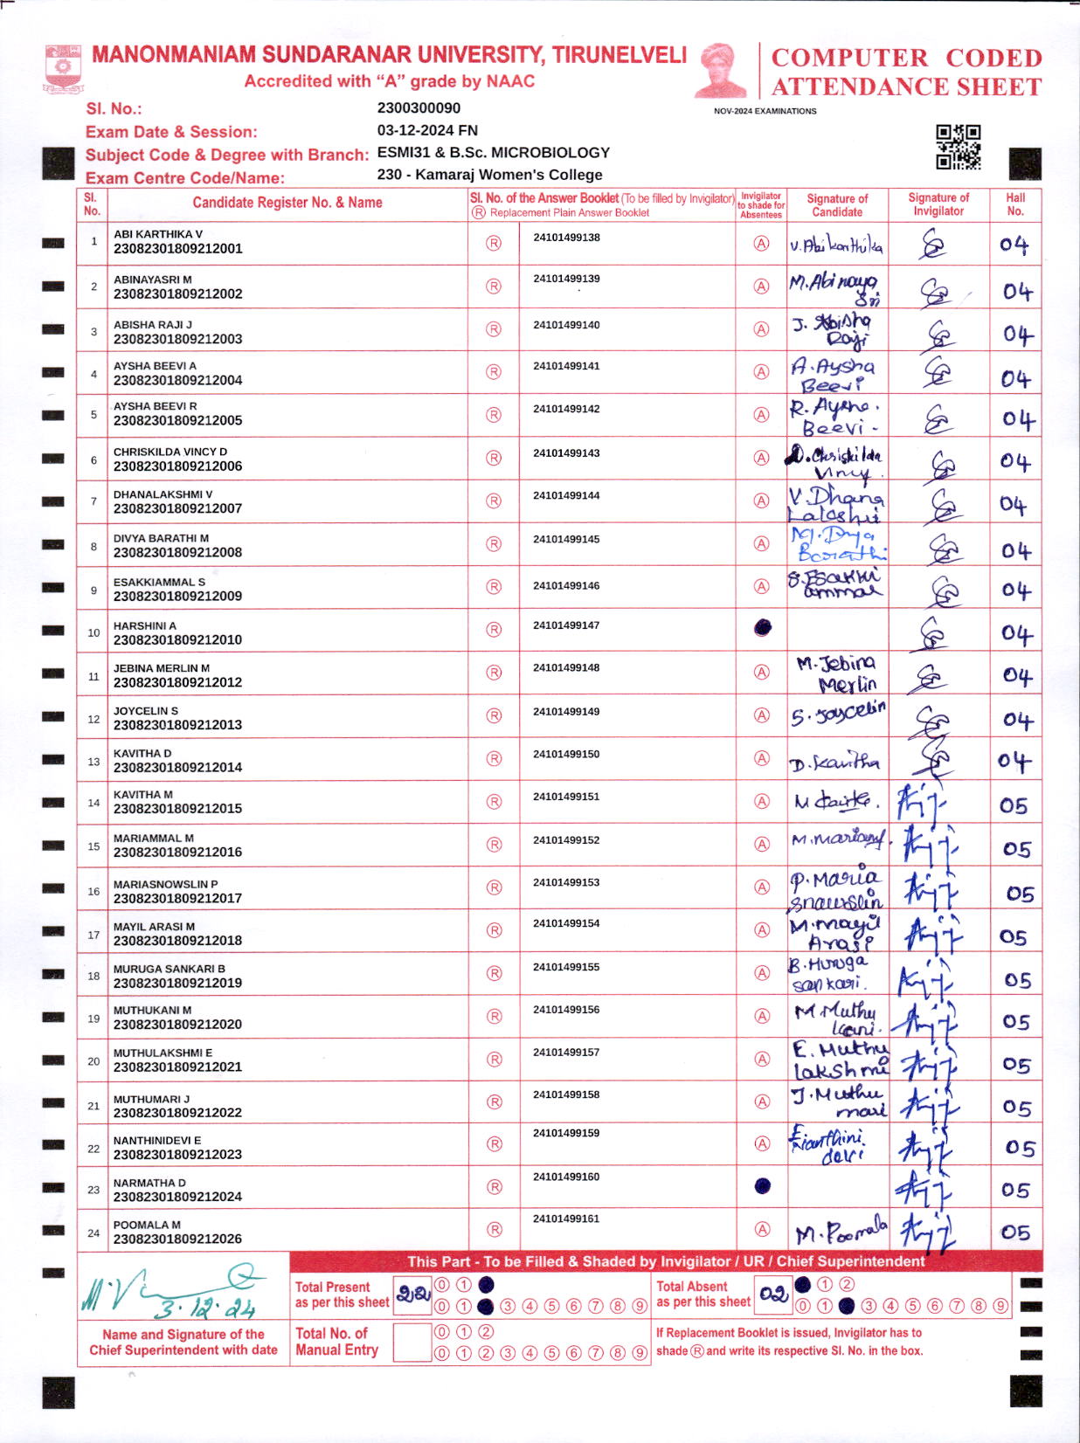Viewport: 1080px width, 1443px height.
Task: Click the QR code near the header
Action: (959, 147)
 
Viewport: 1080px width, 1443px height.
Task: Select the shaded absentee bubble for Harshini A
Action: (763, 628)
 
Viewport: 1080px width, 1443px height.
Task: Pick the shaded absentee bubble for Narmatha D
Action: (762, 1185)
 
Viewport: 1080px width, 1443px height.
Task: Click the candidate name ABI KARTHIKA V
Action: (158, 234)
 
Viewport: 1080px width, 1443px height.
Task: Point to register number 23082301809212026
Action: (177, 1239)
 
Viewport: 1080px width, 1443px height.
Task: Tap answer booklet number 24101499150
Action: (566, 754)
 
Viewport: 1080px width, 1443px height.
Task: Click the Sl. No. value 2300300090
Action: (419, 108)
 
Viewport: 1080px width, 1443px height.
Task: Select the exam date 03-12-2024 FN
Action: (427, 130)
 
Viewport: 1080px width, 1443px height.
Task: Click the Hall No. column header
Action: (1015, 204)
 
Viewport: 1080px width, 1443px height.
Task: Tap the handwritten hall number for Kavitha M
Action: (1014, 804)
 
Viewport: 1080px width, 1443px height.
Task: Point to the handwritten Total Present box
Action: (413, 1294)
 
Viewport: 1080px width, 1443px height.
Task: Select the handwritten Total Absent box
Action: (773, 1294)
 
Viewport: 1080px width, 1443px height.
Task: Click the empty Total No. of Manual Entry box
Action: (412, 1343)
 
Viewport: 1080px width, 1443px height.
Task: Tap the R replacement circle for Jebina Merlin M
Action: (494, 673)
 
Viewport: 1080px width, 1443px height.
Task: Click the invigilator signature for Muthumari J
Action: (929, 1105)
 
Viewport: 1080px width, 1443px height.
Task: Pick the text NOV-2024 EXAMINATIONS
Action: (765, 111)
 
